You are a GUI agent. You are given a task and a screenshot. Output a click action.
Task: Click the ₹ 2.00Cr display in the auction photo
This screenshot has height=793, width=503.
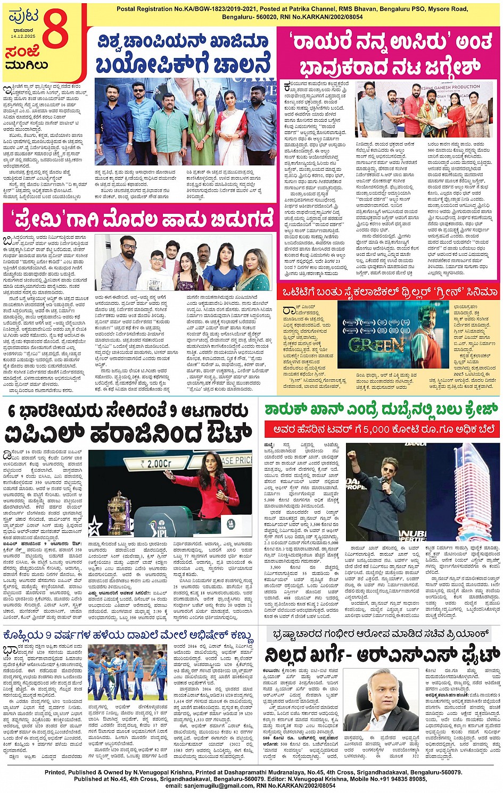coord(156,463)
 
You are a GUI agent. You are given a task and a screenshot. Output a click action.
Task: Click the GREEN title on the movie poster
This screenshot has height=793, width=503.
coord(368,345)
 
